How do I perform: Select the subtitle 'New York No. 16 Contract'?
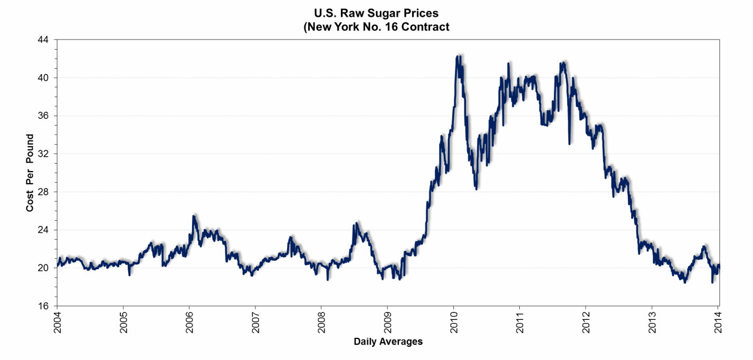point(376,27)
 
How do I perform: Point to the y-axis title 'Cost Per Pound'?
point(30,173)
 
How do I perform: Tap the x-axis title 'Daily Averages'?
point(388,342)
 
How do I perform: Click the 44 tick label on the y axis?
point(43,40)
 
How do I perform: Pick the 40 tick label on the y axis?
point(43,78)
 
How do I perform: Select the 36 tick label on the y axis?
point(43,116)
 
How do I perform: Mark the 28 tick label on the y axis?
point(43,192)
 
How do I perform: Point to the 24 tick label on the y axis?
point(43,230)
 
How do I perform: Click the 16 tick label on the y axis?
point(43,306)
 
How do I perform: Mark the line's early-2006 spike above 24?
point(194,216)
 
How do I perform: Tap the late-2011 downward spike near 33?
point(569,143)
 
